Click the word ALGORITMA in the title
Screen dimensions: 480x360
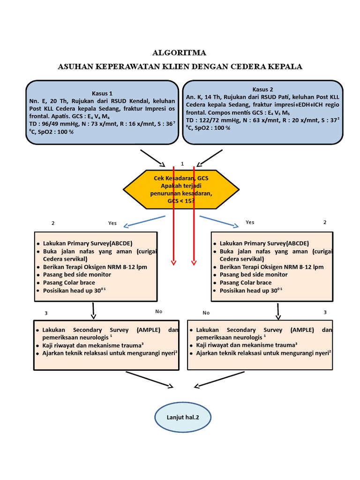pyautogui.click(x=180, y=52)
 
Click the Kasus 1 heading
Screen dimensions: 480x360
pyautogui.click(x=102, y=93)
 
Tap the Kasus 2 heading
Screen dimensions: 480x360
pyautogui.click(x=262, y=89)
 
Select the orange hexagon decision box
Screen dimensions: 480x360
pyautogui.click(x=181, y=189)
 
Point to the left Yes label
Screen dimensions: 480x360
pyautogui.click(x=112, y=223)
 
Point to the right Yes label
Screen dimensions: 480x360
pyautogui.click(x=250, y=222)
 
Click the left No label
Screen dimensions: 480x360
pyautogui.click(x=158, y=311)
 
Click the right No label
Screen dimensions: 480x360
pyautogui.click(x=206, y=312)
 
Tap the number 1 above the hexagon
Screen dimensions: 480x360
pyautogui.click(x=182, y=164)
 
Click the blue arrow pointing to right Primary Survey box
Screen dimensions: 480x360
pyautogui.click(x=218, y=221)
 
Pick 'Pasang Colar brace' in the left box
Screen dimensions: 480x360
pyautogui.click(x=69, y=283)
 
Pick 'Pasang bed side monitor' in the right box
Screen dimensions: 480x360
pyautogui.click(x=253, y=275)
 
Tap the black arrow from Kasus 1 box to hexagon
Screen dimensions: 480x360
pyautogui.click(x=152, y=157)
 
